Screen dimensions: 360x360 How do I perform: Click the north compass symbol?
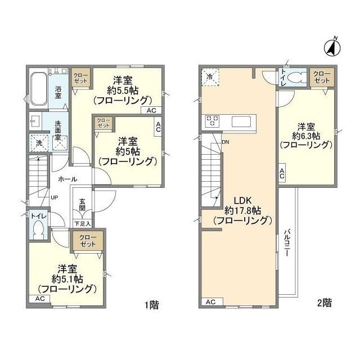click(332, 48)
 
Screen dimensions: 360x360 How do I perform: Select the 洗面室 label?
click(57, 130)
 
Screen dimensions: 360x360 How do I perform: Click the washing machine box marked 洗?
click(39, 143)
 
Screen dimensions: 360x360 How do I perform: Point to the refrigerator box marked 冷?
click(210, 77)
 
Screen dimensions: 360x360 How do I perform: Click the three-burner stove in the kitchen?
click(212, 121)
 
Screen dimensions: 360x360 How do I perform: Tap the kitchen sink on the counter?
click(241, 121)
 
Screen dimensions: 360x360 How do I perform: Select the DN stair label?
click(226, 142)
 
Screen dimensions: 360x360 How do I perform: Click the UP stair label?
click(55, 197)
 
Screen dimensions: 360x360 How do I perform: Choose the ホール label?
click(67, 179)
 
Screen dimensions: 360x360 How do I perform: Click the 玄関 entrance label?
click(82, 205)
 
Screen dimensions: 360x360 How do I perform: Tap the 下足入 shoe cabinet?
click(83, 223)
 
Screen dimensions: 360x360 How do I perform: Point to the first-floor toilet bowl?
click(38, 230)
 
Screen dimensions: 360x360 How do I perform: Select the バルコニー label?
click(286, 242)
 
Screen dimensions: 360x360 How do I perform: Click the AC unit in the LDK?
click(211, 301)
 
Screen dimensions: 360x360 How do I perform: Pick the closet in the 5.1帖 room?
click(88, 241)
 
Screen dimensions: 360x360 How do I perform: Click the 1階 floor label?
click(151, 305)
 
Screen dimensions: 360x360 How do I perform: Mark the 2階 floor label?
click(325, 303)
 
